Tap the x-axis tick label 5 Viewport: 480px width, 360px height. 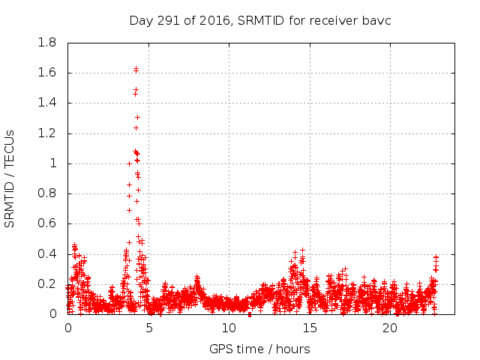click(148, 328)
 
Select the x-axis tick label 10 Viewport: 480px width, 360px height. click(229, 328)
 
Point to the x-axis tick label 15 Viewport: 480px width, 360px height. click(310, 328)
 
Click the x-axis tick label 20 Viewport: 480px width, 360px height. click(390, 328)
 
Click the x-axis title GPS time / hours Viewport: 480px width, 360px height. click(259, 349)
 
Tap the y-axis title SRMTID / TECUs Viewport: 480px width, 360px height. click(10, 178)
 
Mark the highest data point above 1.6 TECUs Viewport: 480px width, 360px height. click(136, 69)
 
